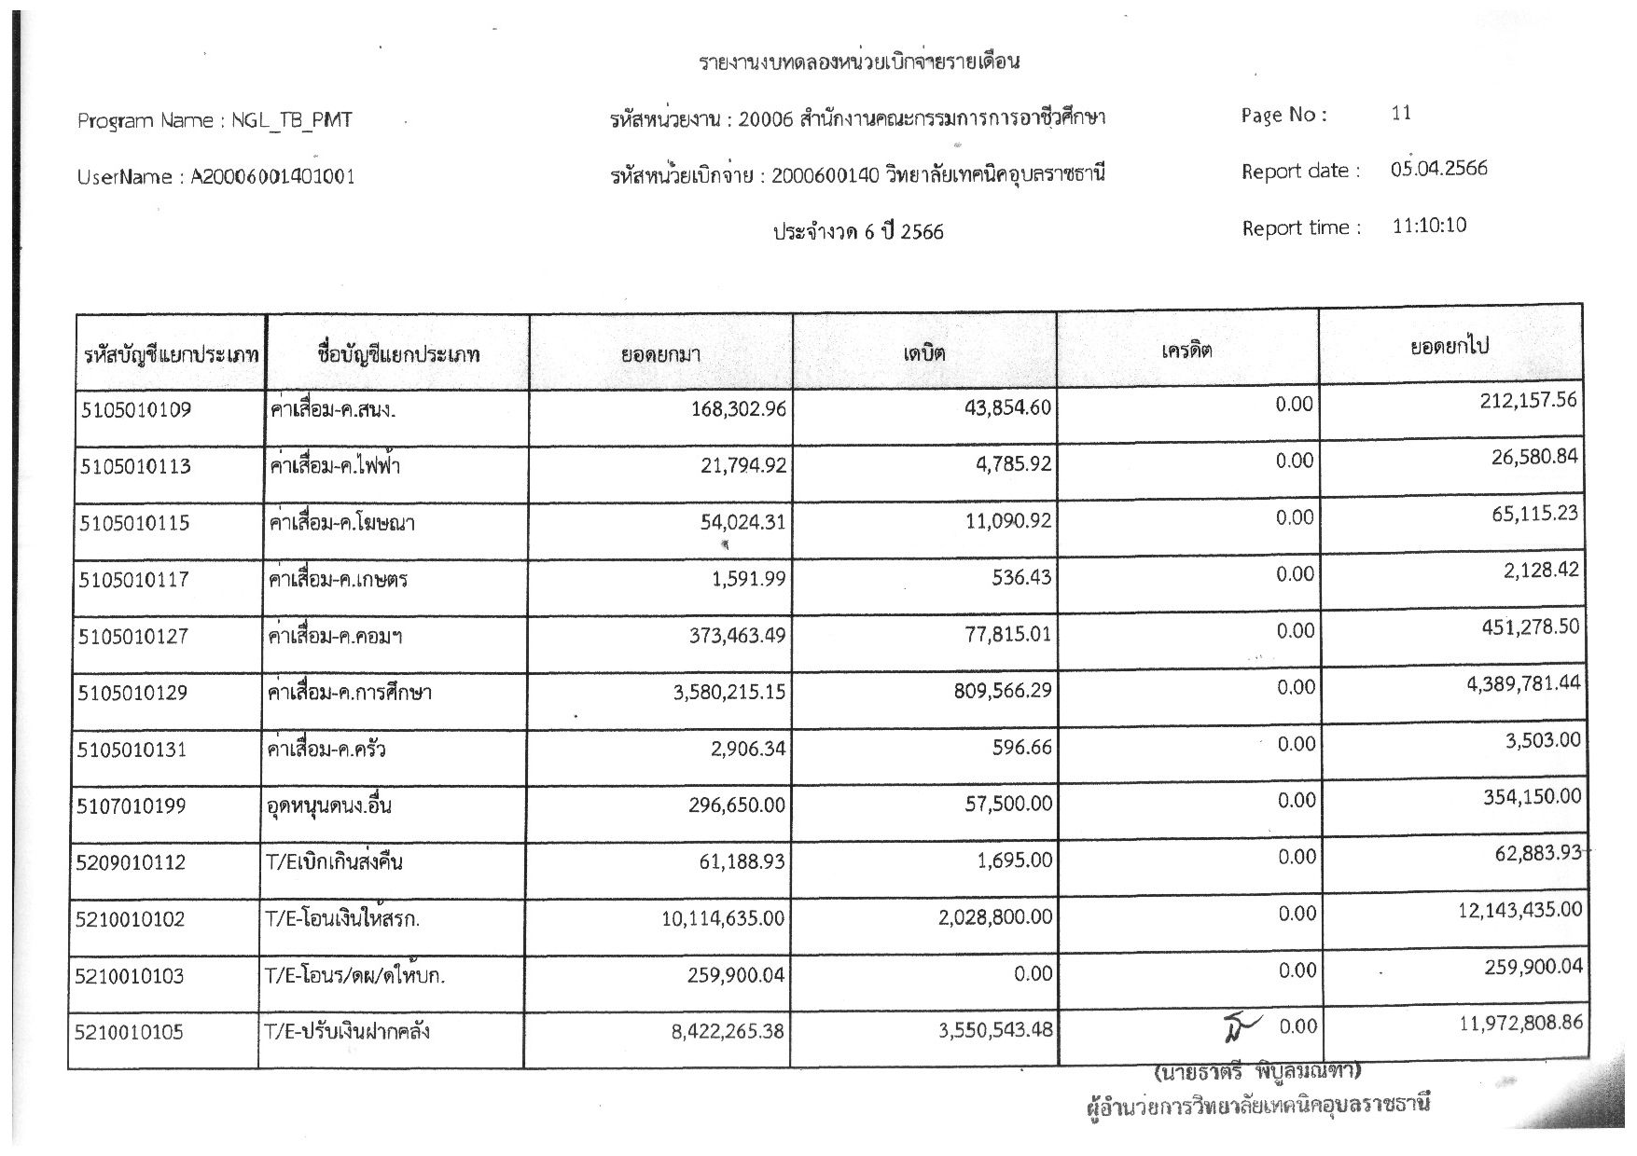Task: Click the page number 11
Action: [x=1400, y=114]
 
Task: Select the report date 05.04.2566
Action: [x=1438, y=169]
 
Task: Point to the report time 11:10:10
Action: [x=1429, y=226]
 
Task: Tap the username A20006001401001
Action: [x=272, y=177]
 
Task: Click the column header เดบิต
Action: [x=923, y=353]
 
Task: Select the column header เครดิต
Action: [x=1186, y=351]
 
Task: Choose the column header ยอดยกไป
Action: [x=1450, y=346]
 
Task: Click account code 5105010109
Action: [x=135, y=409]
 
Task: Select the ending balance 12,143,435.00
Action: [x=1520, y=909]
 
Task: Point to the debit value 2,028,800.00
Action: [x=995, y=917]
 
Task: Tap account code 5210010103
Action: [x=131, y=976]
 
